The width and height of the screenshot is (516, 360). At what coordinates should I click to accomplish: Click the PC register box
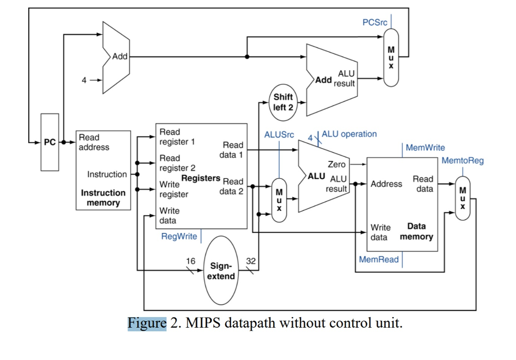click(50, 142)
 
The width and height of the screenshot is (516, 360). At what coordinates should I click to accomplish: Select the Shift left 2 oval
click(283, 102)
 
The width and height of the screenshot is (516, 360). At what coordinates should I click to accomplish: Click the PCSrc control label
click(375, 23)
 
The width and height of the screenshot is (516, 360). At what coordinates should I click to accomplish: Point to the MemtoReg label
click(463, 160)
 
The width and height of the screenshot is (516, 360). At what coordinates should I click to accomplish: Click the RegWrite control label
click(179, 236)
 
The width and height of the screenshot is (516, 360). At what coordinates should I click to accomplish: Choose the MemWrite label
click(425, 148)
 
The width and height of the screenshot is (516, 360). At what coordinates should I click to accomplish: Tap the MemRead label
click(379, 259)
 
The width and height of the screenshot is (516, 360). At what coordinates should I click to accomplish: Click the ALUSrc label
click(279, 135)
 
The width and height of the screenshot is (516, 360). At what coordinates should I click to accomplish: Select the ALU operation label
click(349, 134)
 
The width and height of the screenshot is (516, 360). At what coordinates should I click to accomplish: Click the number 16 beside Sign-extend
click(190, 261)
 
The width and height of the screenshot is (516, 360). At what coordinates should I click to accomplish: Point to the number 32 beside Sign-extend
click(250, 261)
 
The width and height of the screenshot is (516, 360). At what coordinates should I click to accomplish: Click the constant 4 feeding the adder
click(85, 80)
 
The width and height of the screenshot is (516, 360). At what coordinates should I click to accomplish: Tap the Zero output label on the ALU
click(337, 164)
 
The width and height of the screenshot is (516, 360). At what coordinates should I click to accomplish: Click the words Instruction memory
click(103, 198)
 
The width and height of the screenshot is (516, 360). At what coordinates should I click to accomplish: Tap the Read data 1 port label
click(232, 150)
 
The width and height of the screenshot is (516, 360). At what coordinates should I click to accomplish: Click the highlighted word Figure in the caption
click(147, 323)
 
